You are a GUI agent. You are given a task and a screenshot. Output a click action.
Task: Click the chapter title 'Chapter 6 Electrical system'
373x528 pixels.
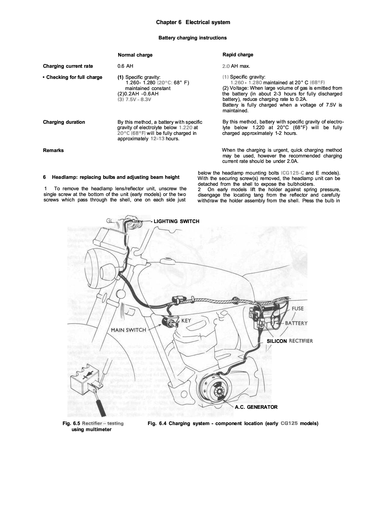coord(193,22)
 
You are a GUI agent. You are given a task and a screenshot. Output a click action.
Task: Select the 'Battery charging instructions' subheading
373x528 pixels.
coord(193,38)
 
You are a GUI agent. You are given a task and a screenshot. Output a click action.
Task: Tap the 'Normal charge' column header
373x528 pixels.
coord(135,55)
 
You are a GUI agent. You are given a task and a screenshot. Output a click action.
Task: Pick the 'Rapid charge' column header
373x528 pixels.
coord(238,55)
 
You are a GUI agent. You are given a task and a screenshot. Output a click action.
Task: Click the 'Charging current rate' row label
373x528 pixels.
coord(68,66)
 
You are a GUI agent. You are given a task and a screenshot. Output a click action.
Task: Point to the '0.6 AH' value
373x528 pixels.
coord(125,66)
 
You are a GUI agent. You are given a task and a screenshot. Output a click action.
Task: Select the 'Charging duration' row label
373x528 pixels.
coord(64,122)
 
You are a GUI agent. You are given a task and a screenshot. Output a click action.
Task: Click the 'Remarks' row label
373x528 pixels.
coord(53,151)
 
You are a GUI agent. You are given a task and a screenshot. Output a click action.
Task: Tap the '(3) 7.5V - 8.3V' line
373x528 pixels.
coord(134,99)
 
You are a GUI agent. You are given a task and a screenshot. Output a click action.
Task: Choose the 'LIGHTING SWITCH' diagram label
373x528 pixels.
coord(176,222)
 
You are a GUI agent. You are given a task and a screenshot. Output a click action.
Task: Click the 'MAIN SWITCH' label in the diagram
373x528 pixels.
coord(128,330)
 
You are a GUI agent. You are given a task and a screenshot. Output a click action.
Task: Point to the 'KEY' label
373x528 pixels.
coord(186,321)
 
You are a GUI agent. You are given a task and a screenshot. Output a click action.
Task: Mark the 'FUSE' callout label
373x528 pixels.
coord(297,309)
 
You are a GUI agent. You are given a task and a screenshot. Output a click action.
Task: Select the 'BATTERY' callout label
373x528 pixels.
coord(296,323)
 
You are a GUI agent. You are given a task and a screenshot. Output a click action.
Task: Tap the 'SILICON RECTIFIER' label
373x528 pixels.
coord(290,341)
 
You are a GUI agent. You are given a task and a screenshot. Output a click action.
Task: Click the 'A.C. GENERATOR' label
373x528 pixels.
coord(256,407)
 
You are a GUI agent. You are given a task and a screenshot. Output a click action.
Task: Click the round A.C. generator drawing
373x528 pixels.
coord(214,390)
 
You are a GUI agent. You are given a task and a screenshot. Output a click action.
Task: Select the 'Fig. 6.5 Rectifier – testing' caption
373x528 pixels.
coord(93,424)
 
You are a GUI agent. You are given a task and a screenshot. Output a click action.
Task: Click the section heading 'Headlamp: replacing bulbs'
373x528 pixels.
coord(116,177)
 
